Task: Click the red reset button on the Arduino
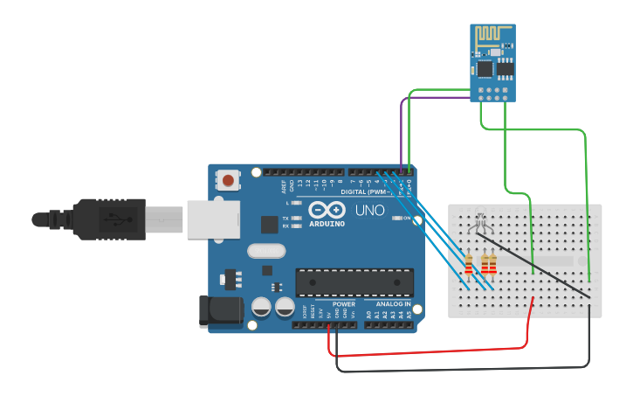pyautogui.click(x=228, y=180)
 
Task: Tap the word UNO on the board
pyautogui.click(x=369, y=211)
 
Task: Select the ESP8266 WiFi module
pyautogui.click(x=492, y=62)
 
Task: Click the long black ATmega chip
pyautogui.click(x=354, y=282)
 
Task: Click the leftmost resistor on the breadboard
pyautogui.click(x=469, y=263)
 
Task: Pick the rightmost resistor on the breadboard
pyautogui.click(x=492, y=262)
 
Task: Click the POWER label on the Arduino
pyautogui.click(x=343, y=303)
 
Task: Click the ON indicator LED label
pyautogui.click(x=407, y=218)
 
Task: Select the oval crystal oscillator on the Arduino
pyautogui.click(x=266, y=251)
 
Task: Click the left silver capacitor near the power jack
pyautogui.click(x=261, y=307)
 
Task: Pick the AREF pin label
pyautogui.click(x=284, y=186)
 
